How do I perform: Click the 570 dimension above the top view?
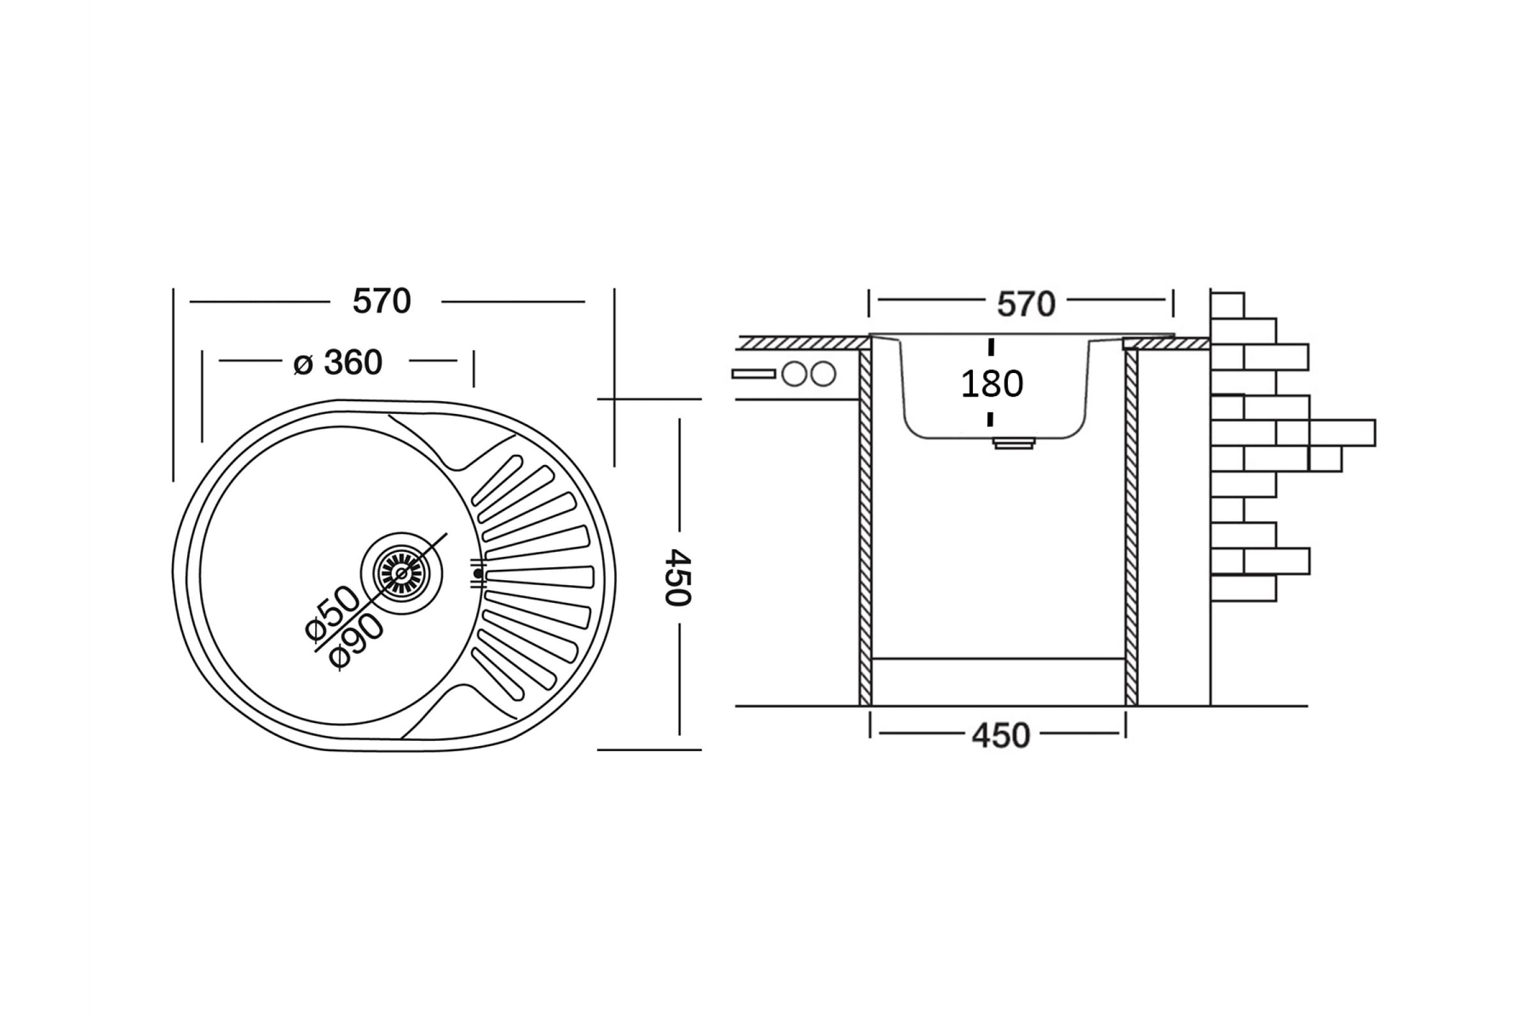382,301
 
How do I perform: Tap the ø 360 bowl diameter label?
338,362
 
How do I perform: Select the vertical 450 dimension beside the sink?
678,577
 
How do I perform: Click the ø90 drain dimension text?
356,641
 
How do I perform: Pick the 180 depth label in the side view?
991,384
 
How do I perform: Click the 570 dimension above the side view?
1025,305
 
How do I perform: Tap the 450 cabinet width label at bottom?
1000,736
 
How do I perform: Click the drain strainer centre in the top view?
401,573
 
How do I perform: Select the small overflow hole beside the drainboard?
478,574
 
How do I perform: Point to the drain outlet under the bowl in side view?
1014,443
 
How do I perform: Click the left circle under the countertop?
794,374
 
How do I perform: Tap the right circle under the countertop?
823,374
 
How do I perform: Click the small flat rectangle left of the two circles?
754,374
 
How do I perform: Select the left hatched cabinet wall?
865,528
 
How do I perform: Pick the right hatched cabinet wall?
1131,528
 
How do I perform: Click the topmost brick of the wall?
1227,305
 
